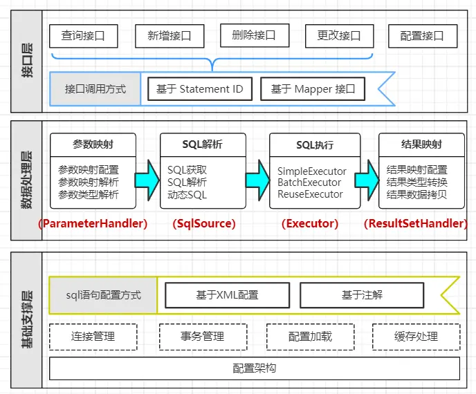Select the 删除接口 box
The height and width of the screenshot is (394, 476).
point(253,35)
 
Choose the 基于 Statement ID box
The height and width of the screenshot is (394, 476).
point(199,89)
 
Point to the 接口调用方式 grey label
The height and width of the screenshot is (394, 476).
point(95,89)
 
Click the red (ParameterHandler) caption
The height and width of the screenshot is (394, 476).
point(93,223)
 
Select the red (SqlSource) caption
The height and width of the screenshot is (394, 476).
point(203,223)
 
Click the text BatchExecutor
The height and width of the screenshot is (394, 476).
point(309,182)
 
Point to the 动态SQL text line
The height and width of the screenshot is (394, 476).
point(187,194)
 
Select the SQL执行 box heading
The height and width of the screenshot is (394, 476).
point(315,145)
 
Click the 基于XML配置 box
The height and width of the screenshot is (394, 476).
point(227,295)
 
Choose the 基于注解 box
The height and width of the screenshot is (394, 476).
point(361,295)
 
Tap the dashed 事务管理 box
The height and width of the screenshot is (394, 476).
point(203,337)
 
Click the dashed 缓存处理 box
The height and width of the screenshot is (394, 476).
point(416,337)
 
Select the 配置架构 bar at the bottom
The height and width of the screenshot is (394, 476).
point(255,368)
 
